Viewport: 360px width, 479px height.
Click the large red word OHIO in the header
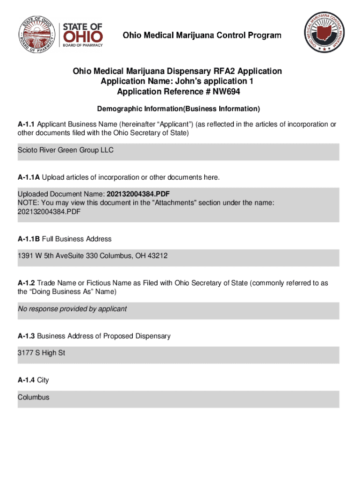click(x=82, y=36)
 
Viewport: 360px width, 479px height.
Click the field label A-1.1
click(x=26, y=124)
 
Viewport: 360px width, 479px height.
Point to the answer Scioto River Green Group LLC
click(x=65, y=151)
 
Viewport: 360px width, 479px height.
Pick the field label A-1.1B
click(x=29, y=239)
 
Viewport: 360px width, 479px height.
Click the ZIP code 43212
click(x=158, y=256)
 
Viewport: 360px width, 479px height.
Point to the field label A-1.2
click(x=26, y=283)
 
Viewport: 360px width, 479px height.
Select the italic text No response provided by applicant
click(x=72, y=309)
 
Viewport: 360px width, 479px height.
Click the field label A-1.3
click(x=26, y=336)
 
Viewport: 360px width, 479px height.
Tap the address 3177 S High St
click(x=41, y=353)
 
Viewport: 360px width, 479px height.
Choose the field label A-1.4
click(x=26, y=380)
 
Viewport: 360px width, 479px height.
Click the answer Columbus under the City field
click(x=33, y=397)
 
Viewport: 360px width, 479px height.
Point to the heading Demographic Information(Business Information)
click(x=178, y=109)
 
